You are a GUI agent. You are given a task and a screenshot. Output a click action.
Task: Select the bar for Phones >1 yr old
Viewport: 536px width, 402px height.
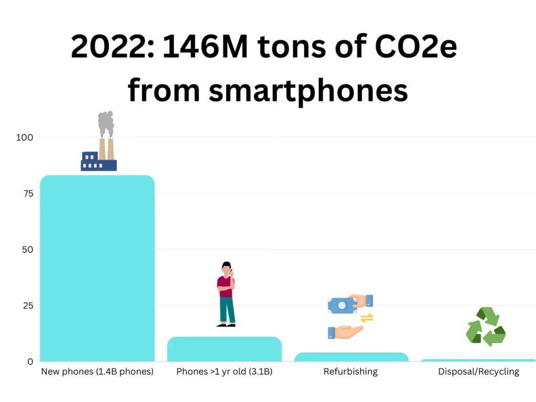[x=224, y=349]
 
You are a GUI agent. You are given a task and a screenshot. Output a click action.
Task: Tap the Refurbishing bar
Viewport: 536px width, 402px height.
[x=351, y=357]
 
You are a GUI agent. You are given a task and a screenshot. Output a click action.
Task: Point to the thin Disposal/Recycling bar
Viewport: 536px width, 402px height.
[x=478, y=360]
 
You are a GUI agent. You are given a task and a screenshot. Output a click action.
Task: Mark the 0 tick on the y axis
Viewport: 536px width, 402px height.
[x=30, y=361]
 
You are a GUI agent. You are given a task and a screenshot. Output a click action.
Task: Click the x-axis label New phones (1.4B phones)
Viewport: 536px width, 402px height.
[x=97, y=372]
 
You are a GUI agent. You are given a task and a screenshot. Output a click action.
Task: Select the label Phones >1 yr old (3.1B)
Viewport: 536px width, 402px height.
[x=224, y=372]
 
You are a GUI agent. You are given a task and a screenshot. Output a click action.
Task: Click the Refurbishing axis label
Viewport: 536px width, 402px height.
[x=350, y=372]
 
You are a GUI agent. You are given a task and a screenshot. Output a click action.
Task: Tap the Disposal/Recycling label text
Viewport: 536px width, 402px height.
[x=478, y=372]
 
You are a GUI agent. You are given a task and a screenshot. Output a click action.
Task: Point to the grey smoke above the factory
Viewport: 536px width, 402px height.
[x=106, y=123]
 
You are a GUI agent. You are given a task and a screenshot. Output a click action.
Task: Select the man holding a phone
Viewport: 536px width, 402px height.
[x=226, y=294]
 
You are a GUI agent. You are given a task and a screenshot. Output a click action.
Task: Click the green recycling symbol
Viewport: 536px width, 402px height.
[x=486, y=327]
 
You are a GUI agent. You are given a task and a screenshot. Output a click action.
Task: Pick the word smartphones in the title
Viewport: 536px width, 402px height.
[x=308, y=90]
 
